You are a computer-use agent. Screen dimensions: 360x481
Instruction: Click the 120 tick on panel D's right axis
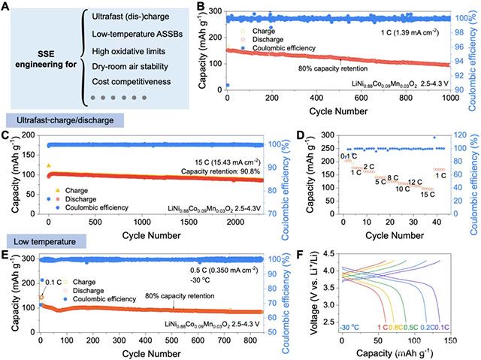pyautogui.click(x=462, y=135)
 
